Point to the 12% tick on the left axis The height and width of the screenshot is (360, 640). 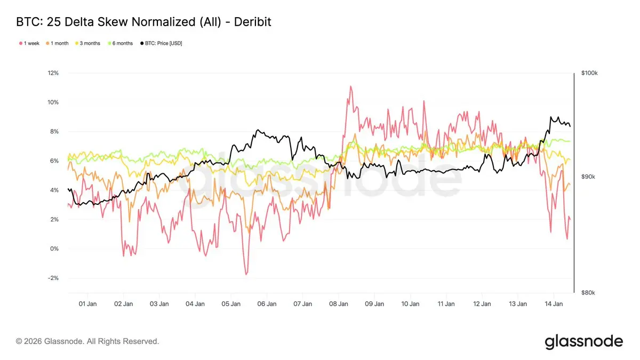pyautogui.click(x=52, y=73)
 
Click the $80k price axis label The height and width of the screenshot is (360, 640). pyautogui.click(x=588, y=293)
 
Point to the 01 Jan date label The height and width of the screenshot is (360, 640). pyautogui.click(x=87, y=304)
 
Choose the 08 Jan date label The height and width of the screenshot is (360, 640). pyautogui.click(x=339, y=304)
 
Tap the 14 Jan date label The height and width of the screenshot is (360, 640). pyautogui.click(x=554, y=304)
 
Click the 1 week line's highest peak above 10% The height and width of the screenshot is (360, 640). pyautogui.click(x=350, y=86)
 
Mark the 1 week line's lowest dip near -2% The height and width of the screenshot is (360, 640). pyautogui.click(x=246, y=274)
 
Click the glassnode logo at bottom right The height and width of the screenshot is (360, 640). pyautogui.click(x=583, y=341)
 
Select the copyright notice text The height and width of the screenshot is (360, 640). pyautogui.click(x=87, y=341)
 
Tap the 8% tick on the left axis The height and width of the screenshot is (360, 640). pyautogui.click(x=53, y=132)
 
